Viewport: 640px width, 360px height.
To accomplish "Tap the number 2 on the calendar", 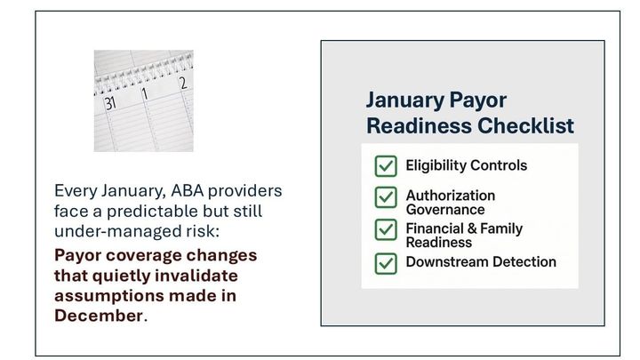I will [x=182, y=84].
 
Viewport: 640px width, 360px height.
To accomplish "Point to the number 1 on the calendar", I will [x=144, y=92].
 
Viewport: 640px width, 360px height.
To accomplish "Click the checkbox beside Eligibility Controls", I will [x=385, y=166].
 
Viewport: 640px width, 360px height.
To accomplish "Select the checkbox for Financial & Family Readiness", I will [x=385, y=229].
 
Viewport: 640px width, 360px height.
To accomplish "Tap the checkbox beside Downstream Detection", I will [x=385, y=262].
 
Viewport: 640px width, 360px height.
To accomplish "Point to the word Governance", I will [x=445, y=210].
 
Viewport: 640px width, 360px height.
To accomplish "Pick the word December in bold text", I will [x=99, y=316].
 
